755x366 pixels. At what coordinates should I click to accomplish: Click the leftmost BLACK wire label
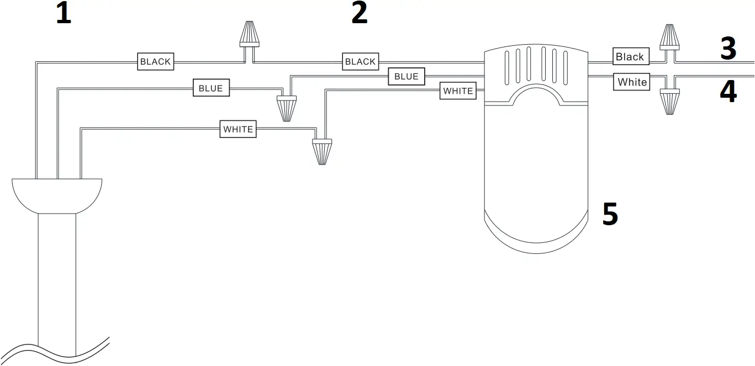click(x=155, y=61)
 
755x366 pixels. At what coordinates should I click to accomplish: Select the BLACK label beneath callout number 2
click(x=360, y=61)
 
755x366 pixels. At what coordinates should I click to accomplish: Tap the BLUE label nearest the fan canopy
click(x=211, y=88)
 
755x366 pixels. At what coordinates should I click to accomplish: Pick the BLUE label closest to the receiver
click(x=406, y=76)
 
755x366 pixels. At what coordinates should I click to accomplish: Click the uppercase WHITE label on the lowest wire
click(x=238, y=129)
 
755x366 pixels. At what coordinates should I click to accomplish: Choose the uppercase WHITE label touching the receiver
click(x=458, y=91)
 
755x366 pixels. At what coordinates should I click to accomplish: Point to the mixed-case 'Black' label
click(x=630, y=56)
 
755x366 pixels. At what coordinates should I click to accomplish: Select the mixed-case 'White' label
click(x=632, y=82)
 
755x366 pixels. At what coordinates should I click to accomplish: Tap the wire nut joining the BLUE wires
click(x=287, y=108)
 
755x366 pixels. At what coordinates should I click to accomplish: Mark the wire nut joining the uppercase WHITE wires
click(x=322, y=151)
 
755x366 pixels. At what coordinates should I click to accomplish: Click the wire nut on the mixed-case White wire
click(x=669, y=101)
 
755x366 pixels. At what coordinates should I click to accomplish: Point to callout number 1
click(x=64, y=13)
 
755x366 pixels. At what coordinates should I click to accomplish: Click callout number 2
click(x=359, y=13)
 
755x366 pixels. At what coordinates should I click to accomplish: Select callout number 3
click(x=728, y=49)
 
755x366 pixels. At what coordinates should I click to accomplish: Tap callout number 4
click(x=728, y=92)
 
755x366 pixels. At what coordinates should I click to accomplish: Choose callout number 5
click(x=610, y=214)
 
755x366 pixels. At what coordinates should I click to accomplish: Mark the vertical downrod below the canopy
click(x=57, y=276)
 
